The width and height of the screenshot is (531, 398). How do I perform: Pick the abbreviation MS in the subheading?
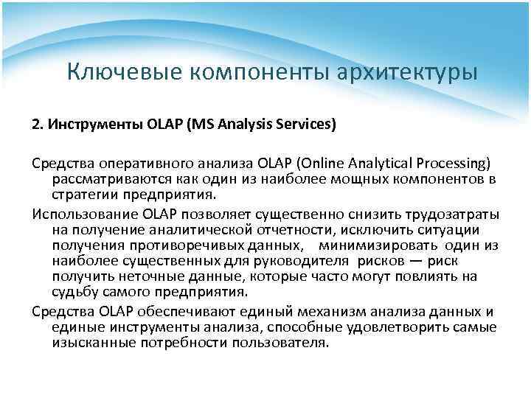point(198,124)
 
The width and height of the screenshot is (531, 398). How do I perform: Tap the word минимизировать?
point(375,245)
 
